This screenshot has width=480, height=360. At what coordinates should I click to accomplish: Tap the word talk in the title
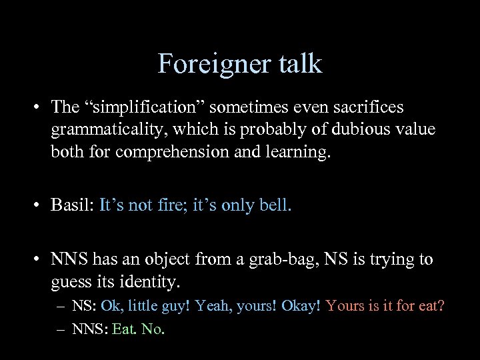tap(297, 64)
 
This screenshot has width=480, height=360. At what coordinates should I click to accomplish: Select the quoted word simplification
tap(145, 107)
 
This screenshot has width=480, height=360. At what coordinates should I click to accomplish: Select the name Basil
tap(72, 205)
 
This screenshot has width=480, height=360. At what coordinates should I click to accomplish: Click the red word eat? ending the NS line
tap(431, 306)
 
